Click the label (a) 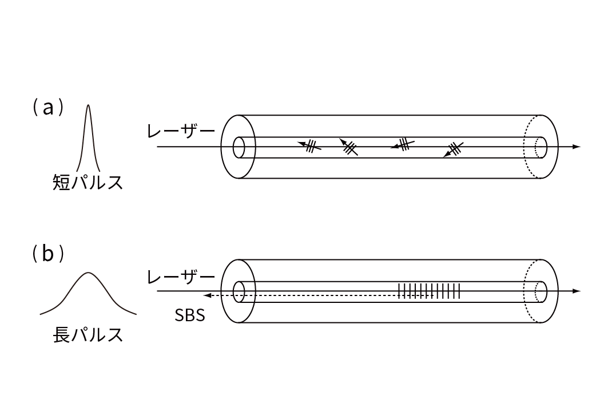coord(48,108)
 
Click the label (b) coord(48,253)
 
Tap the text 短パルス coord(88,182)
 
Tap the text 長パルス coord(88,335)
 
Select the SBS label coord(190,316)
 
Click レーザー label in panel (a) coord(181,132)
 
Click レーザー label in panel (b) coord(181,277)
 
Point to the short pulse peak coord(88,105)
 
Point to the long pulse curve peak coord(88,273)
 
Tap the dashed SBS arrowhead coord(208,295)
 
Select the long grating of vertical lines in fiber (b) coord(429,291)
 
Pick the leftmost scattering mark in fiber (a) coord(309,145)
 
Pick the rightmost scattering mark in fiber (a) coord(454,149)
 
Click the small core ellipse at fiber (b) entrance coord(239,291)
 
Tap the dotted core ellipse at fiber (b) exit coord(541,291)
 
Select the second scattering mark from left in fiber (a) coord(349,147)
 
